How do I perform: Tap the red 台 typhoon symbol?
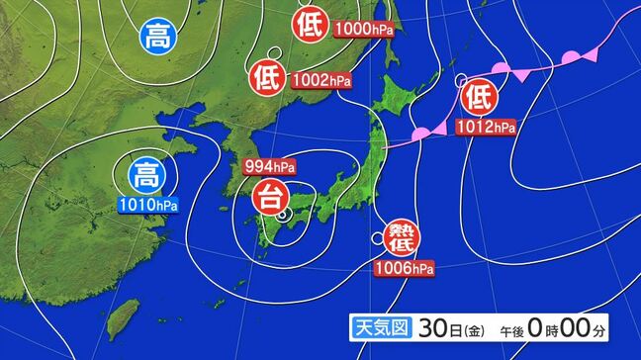point(267,197)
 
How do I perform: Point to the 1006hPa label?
point(403,267)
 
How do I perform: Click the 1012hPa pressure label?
point(487,127)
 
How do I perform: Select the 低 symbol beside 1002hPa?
point(267,73)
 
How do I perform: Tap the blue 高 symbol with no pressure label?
point(156,38)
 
